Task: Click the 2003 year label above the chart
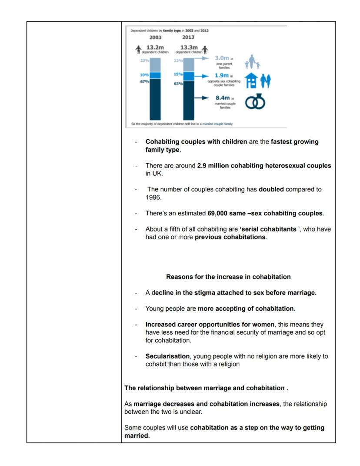point(155,37)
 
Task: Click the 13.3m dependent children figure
point(189,47)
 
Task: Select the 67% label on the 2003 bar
point(144,81)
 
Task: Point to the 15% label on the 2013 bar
point(178,74)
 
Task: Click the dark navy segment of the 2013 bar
point(189,100)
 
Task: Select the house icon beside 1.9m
point(252,80)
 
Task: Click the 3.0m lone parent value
point(222,58)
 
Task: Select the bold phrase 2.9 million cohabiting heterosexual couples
point(264,166)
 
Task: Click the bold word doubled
point(271,190)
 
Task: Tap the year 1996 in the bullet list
point(153,197)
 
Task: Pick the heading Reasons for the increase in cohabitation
point(228,277)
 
